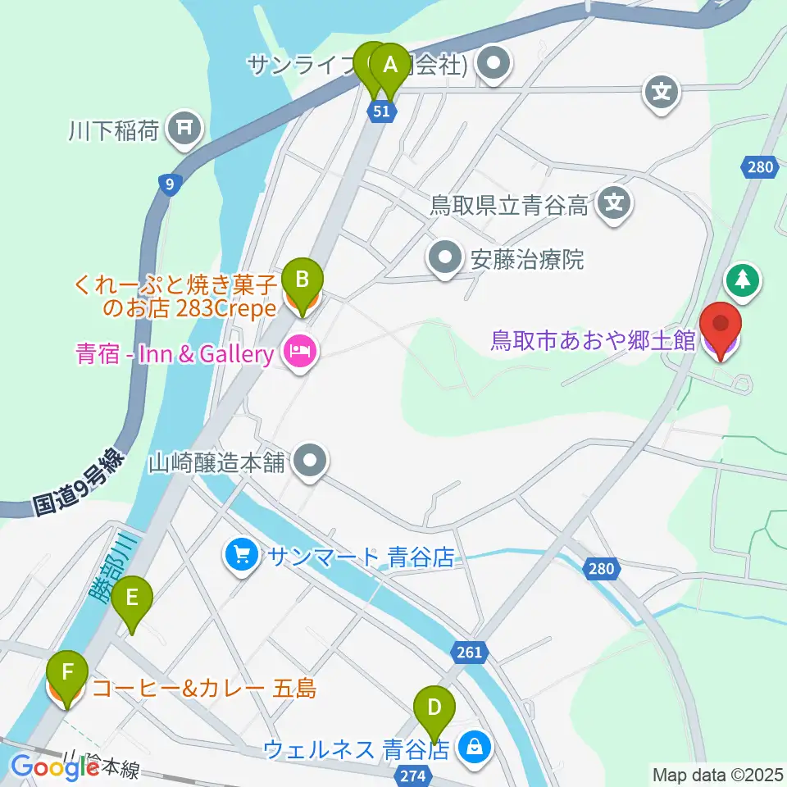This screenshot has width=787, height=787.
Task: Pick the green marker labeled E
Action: coord(132,602)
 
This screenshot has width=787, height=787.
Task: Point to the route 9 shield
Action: coord(169,184)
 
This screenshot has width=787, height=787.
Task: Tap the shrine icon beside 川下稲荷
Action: coord(184,130)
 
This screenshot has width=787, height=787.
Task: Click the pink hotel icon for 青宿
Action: coord(297,354)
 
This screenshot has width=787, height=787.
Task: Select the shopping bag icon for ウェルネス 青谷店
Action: coord(473,747)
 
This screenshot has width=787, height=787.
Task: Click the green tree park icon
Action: coord(743,280)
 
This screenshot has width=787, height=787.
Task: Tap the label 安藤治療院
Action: coord(527,260)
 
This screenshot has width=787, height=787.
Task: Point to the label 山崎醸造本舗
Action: coord(216,463)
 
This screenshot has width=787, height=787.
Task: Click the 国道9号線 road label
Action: coord(78,485)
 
